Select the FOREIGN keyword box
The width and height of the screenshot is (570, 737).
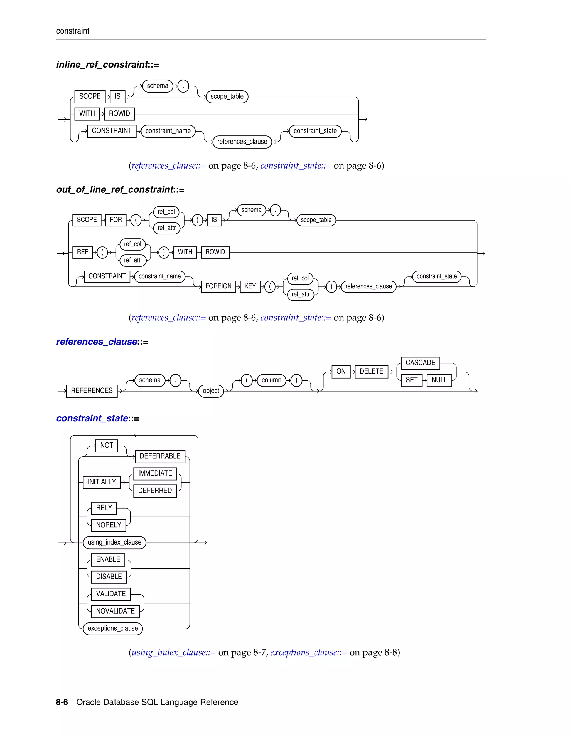218,286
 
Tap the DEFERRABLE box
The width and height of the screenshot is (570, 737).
160,456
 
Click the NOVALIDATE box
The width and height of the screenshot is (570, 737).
115,611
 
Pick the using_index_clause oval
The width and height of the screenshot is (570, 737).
114,542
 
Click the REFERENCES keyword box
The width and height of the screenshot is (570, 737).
92,391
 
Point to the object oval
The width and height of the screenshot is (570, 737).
211,391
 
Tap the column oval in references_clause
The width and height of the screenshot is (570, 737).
271,380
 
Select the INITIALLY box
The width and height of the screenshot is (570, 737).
102,482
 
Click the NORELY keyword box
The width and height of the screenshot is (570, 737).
108,525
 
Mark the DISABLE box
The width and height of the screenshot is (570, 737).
109,577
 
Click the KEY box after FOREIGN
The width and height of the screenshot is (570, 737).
250,286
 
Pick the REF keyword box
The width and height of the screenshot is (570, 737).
82,252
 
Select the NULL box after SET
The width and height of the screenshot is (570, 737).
439,380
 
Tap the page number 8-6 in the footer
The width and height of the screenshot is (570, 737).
62,702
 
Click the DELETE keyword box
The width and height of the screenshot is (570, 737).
371,372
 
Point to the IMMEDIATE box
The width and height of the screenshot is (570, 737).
155,473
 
